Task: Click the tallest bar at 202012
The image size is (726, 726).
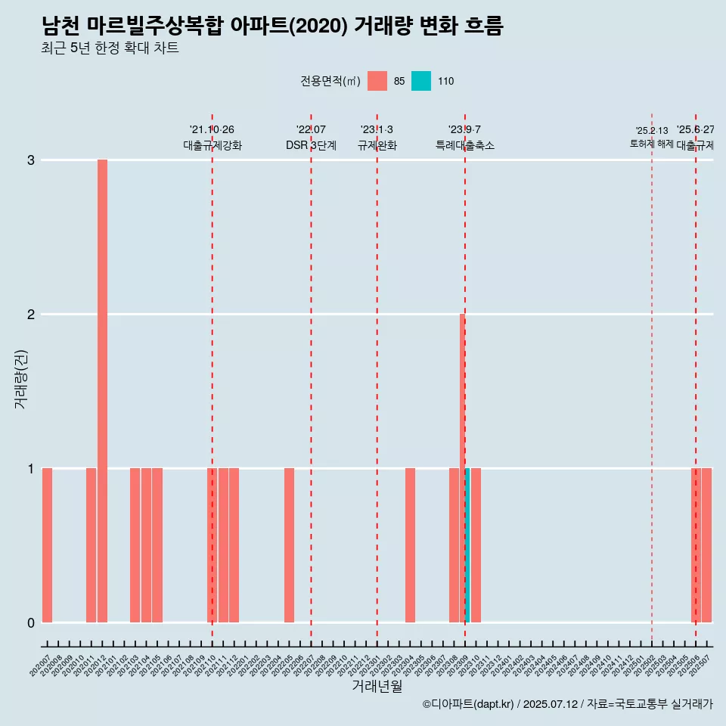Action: click(x=102, y=390)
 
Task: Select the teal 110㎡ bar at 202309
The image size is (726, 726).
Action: click(x=467, y=545)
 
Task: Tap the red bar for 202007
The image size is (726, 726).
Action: click(x=47, y=545)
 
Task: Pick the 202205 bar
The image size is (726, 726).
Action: click(x=289, y=545)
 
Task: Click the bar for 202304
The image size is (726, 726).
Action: click(x=410, y=545)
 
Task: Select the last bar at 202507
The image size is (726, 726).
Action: click(x=706, y=545)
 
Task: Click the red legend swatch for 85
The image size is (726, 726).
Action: click(x=377, y=81)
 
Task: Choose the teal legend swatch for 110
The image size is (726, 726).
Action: click(x=421, y=81)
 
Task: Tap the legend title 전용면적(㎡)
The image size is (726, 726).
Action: click(x=330, y=81)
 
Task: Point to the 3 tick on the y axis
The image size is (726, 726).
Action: click(x=31, y=160)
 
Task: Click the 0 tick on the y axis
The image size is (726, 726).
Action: click(x=31, y=622)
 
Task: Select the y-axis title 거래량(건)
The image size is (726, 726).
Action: click(x=21, y=378)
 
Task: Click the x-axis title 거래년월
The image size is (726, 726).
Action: click(x=377, y=686)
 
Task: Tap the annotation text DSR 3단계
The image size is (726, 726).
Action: click(x=311, y=145)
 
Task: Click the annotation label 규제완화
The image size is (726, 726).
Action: click(x=377, y=145)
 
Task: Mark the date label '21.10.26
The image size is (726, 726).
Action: click(x=212, y=130)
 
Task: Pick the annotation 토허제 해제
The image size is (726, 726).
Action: click(x=651, y=144)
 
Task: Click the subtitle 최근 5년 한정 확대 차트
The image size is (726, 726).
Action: click(x=110, y=48)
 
